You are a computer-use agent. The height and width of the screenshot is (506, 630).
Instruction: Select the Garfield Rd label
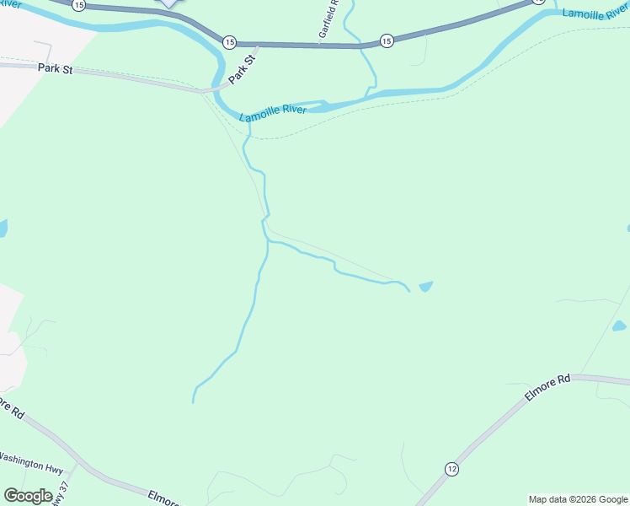[x=328, y=19]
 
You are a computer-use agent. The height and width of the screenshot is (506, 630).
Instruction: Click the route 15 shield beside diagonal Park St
[x=229, y=40]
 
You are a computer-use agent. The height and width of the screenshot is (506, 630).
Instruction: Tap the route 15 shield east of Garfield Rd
[x=387, y=40]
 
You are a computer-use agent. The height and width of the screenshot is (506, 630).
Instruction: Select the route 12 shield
[x=452, y=469]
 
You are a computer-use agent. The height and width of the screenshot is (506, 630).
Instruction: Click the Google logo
[x=28, y=496]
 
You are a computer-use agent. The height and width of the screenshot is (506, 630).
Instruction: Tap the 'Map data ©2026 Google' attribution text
[x=579, y=499]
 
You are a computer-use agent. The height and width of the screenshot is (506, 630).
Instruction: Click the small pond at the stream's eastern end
[x=425, y=287]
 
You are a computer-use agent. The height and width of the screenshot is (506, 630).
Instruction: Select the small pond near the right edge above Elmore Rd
[x=620, y=326]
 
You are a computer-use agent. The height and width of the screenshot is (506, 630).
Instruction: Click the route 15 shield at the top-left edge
[x=78, y=5]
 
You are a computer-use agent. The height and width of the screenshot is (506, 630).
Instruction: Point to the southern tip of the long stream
[x=194, y=401]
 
